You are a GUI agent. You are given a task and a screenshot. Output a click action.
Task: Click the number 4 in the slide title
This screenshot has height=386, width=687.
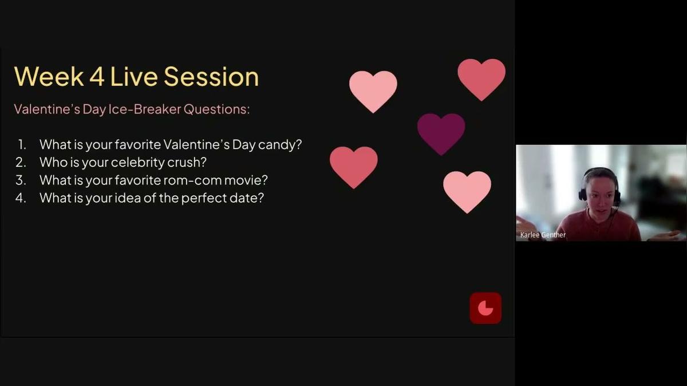[x=96, y=76]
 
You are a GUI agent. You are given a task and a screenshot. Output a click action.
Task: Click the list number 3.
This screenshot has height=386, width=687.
[x=21, y=180]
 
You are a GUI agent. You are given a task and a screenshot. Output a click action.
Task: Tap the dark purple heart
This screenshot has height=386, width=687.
[x=441, y=132]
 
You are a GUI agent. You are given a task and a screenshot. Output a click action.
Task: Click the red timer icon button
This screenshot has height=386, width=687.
[x=485, y=308]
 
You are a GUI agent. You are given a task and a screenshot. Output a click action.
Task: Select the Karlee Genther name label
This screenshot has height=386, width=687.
[x=543, y=235]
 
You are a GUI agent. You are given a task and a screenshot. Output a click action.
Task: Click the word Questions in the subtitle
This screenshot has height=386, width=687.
[x=216, y=109]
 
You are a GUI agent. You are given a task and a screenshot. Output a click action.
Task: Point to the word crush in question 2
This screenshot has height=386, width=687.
[x=187, y=162]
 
